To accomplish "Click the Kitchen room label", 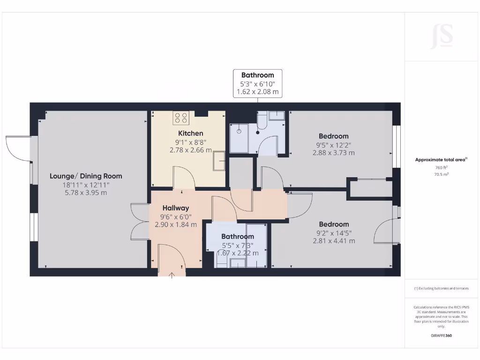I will coord(190,134).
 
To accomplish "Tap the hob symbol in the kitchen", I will coord(181,117).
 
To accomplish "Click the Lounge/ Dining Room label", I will coord(86,176).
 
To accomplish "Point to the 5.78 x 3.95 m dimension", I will coord(86,193).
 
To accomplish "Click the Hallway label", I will coord(176,208).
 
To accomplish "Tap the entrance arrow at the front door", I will coord(172,275).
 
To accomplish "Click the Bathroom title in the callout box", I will coord(258,75).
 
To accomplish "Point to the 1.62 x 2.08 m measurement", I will coord(258,92).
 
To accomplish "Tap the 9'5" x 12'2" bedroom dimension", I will coord(333,144).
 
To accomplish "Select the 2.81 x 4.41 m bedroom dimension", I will coord(334,241).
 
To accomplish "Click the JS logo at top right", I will coord(441,36).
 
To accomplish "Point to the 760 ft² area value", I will coord(441,167).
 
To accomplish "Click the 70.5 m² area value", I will coord(441,174).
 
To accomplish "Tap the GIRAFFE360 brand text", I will coord(441,336).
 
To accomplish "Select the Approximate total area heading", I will coord(441,160).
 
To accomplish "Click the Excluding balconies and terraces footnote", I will coord(441,288).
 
